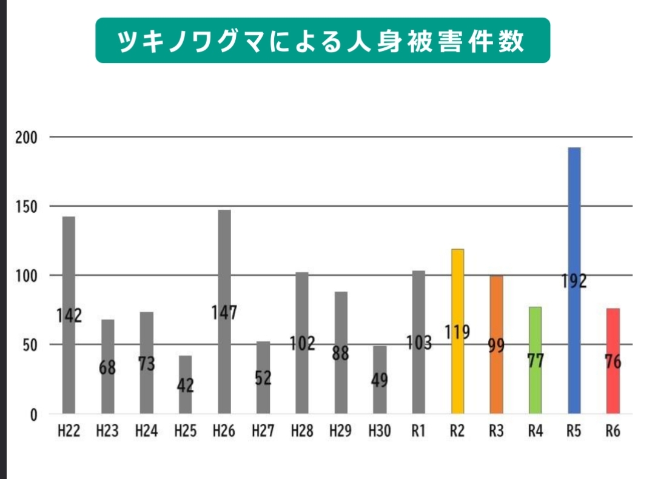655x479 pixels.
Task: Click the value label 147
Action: (x=224, y=313)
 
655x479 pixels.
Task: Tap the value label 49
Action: (x=379, y=381)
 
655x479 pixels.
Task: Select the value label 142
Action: (x=69, y=316)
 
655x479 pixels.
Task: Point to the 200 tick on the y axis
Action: (x=27, y=138)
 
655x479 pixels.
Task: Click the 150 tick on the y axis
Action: (x=27, y=207)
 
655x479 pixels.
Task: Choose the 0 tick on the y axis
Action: (x=34, y=414)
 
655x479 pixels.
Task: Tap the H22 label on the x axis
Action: (x=69, y=431)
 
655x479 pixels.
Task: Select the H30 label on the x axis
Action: (x=379, y=431)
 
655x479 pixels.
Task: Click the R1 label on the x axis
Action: (x=418, y=431)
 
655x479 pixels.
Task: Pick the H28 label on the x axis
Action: (x=301, y=431)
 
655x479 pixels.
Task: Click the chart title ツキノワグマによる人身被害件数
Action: (x=323, y=41)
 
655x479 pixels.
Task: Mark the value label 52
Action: (x=263, y=378)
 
